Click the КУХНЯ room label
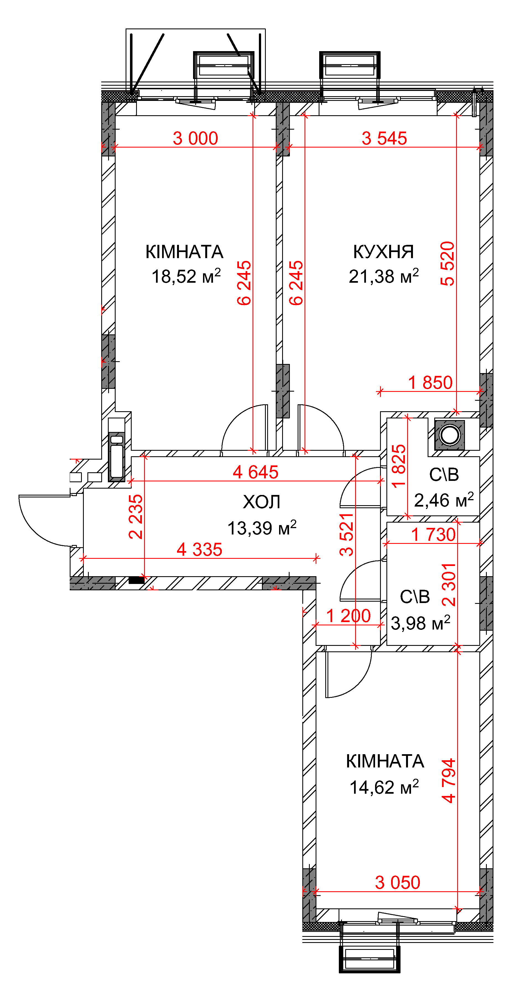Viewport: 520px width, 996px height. [x=383, y=252]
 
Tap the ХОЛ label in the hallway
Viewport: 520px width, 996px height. [x=262, y=502]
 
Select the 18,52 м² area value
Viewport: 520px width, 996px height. [x=186, y=276]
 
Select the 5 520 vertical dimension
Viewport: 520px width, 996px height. [x=448, y=264]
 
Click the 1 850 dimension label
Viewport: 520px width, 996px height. [x=430, y=383]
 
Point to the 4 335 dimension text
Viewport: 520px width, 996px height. [x=200, y=549]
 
